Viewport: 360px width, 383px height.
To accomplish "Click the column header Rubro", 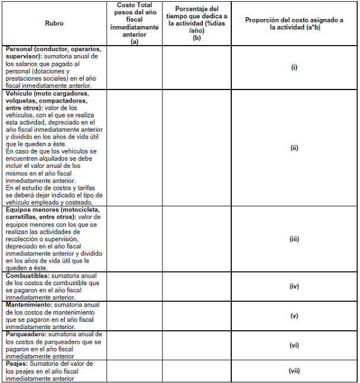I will click(54, 23).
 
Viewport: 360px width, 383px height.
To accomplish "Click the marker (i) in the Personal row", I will click(294, 67).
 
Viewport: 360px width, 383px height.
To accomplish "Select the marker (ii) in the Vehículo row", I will click(294, 148).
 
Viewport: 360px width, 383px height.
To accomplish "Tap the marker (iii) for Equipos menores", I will click(294, 240).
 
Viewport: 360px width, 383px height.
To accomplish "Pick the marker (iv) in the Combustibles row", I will click(294, 286).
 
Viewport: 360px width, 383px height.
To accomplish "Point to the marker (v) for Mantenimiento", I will click(294, 316).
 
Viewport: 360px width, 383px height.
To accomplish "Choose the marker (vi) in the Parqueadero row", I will click(294, 345).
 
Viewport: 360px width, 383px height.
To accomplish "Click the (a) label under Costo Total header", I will click(135, 42).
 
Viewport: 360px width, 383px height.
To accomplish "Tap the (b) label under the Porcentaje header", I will click(197, 37).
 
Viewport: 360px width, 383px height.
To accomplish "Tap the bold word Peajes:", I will click(17, 363).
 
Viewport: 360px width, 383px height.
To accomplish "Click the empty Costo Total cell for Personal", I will click(135, 67).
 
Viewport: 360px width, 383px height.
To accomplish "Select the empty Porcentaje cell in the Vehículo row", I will click(197, 148).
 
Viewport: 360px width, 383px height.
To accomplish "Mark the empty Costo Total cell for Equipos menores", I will click(135, 240).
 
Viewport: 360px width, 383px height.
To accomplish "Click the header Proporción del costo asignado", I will click(294, 20).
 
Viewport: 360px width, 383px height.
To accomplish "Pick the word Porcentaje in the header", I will click(197, 9).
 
